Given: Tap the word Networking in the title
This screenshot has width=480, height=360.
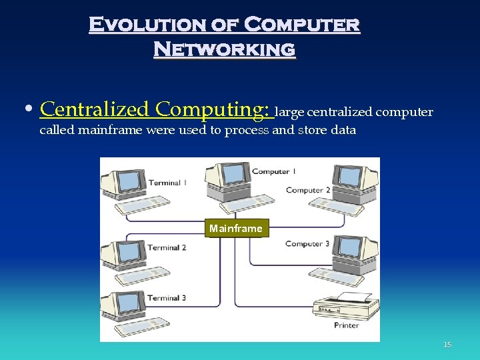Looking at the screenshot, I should (x=225, y=49).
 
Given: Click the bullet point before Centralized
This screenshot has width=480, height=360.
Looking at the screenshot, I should (x=31, y=110).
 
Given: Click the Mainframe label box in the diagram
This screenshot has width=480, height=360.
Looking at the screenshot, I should (x=236, y=229).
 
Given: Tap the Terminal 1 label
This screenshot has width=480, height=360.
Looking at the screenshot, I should (x=167, y=183).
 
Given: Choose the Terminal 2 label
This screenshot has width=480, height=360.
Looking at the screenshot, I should (x=167, y=248).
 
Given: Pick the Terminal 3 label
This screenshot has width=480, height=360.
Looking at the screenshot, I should (x=167, y=298).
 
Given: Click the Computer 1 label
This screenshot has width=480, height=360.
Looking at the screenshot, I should (x=273, y=172).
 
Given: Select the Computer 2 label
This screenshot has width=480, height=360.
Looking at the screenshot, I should (x=308, y=191).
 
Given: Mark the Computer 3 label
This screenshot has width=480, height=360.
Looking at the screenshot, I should (x=307, y=244).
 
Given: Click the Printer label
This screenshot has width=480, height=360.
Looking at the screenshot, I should (x=347, y=325).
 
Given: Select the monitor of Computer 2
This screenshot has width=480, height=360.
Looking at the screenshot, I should (x=349, y=177).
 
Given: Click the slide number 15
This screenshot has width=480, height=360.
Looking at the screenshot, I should (x=447, y=345).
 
